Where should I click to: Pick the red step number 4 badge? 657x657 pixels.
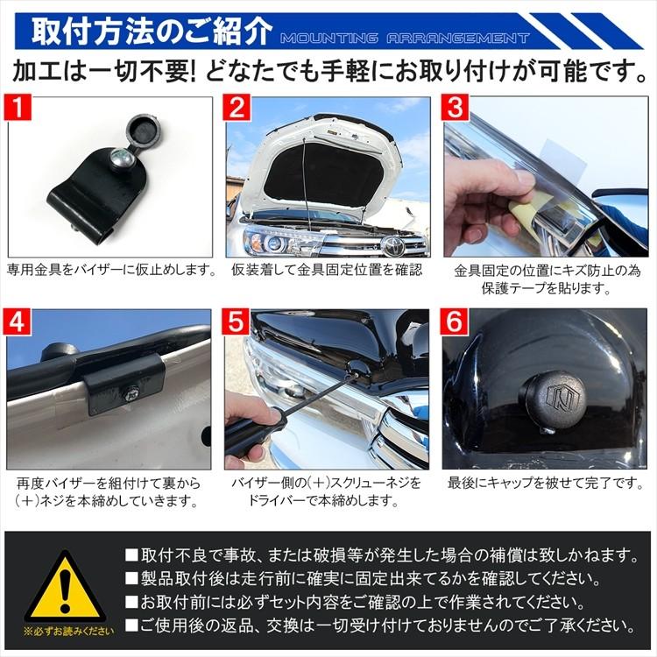(19, 323)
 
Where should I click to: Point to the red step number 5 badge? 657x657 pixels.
(237, 323)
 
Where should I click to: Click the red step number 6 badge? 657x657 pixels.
(456, 323)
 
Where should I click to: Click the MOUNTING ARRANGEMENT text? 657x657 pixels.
(405, 39)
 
